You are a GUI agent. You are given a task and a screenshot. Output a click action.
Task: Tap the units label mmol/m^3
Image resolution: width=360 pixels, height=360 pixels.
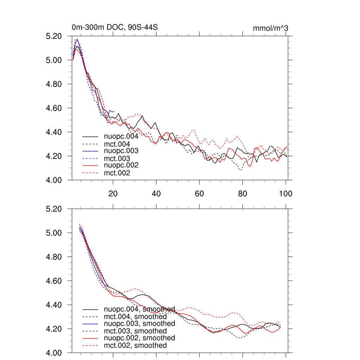click(270, 28)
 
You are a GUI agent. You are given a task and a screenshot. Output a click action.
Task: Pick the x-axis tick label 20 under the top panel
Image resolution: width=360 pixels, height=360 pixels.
click(113, 193)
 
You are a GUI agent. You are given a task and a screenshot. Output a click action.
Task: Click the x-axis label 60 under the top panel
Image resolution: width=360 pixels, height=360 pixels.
click(199, 193)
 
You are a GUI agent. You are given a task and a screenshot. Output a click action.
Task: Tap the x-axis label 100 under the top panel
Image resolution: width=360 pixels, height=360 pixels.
click(285, 193)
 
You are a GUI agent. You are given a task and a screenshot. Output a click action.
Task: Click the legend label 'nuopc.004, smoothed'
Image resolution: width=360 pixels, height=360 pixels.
click(139, 309)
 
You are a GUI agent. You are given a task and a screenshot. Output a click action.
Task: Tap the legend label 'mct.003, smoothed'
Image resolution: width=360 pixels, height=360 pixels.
click(135, 331)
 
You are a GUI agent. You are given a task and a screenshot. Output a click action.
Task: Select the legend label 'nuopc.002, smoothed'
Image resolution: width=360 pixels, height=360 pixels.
click(139, 338)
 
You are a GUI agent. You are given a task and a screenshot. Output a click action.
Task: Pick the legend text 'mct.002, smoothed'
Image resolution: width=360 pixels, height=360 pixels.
click(135, 346)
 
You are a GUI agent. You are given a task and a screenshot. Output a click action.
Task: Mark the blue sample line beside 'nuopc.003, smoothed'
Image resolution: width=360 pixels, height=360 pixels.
click(90, 323)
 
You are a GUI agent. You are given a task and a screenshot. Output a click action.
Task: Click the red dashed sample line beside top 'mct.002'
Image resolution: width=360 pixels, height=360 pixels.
click(90, 173)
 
